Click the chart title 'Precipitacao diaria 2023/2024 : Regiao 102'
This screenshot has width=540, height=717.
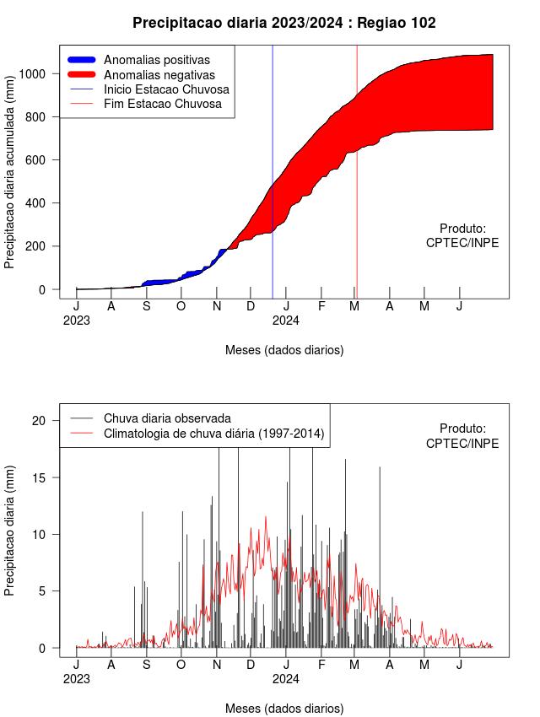[284, 23]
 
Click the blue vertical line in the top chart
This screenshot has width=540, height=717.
[273, 172]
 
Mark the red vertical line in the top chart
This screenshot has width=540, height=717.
[357, 172]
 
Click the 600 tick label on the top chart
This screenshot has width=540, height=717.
[35, 160]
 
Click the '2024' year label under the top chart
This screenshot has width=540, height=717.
[286, 321]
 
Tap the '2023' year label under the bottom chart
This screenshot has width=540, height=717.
[76, 679]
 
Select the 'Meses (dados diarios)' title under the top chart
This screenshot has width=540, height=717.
[284, 350]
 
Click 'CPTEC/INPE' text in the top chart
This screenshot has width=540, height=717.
[462, 243]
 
